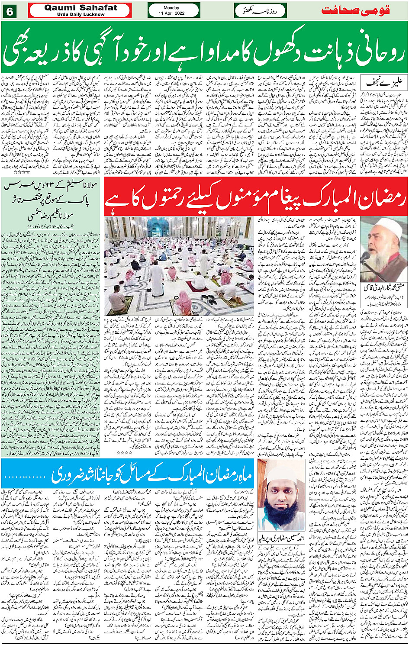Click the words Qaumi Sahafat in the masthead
pyautogui.click(x=81, y=7)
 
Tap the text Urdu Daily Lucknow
pyautogui.click(x=81, y=14)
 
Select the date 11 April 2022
pyautogui.click(x=171, y=13)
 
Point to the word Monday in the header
pyautogui.click(x=171, y=7)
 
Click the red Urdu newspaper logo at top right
pyautogui.click(x=363, y=10)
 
